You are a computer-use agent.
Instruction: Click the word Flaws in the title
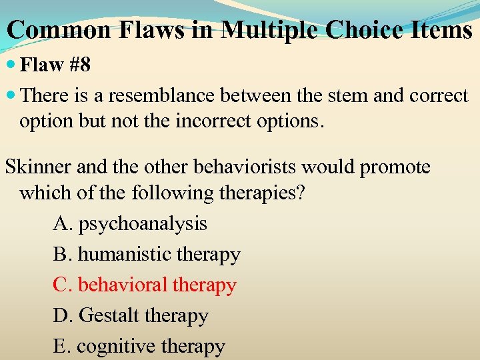coord(150,29)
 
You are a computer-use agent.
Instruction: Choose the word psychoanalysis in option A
coord(143,224)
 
